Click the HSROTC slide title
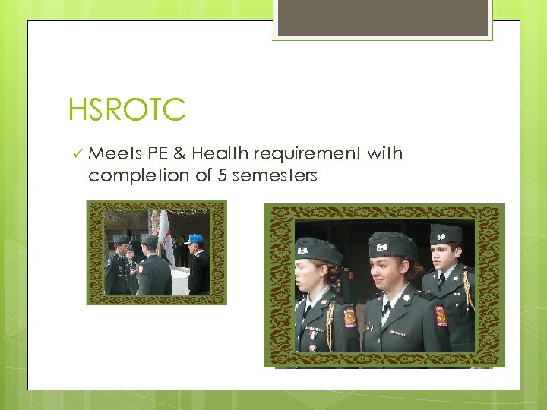[126, 109]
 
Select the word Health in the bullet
[220, 153]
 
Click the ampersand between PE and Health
[179, 153]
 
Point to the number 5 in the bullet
[221, 175]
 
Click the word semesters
[274, 175]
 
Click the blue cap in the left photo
[195, 238]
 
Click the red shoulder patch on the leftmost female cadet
[349, 317]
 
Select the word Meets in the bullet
[115, 153]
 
